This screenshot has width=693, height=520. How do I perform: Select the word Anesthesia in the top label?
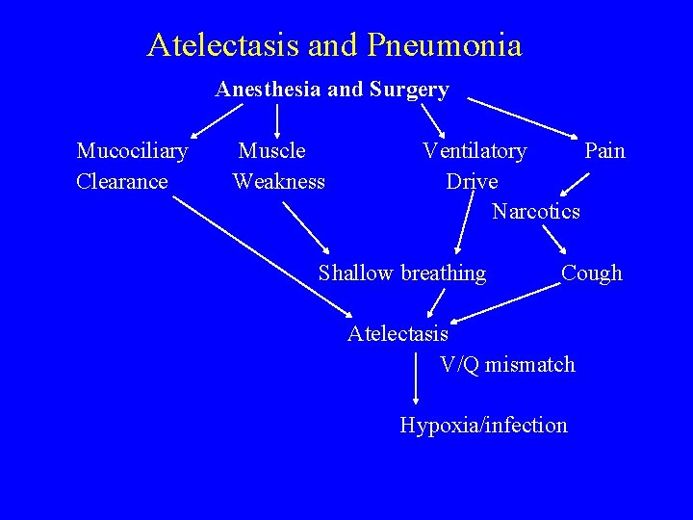tap(269, 90)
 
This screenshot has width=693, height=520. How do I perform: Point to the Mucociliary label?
tap(132, 150)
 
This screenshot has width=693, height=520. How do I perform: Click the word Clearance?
tap(122, 181)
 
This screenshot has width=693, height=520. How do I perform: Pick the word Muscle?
tap(272, 150)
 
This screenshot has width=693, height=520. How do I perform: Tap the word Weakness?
tap(279, 181)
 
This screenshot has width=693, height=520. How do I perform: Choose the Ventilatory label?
tap(475, 150)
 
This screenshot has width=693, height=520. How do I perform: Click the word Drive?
tap(472, 181)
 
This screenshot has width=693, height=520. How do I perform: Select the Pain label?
tap(604, 150)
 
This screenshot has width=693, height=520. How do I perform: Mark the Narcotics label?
tap(536, 211)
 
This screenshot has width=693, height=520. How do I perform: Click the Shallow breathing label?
tap(402, 273)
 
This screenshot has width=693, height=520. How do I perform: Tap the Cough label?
tap(592, 273)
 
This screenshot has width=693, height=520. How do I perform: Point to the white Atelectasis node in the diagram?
tap(398, 334)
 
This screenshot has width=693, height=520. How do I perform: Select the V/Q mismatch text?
tap(507, 364)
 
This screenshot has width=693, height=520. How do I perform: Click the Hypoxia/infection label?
tap(483, 425)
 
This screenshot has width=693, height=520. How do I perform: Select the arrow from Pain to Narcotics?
tap(577, 181)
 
